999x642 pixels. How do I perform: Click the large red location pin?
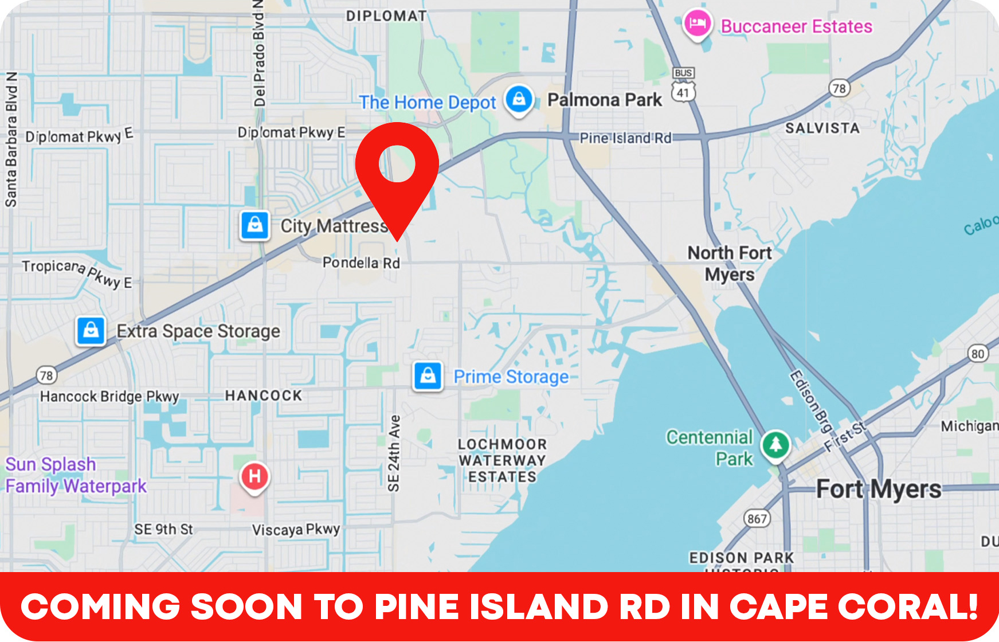coord(397,172)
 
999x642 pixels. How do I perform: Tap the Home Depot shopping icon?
coord(519,99)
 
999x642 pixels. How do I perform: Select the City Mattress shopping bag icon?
coord(255,225)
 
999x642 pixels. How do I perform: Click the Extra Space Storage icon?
coord(91,331)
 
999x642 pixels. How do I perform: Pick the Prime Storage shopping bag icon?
coord(428,376)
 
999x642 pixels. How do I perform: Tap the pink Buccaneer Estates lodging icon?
coord(698,25)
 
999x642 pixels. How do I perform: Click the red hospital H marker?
coord(255,476)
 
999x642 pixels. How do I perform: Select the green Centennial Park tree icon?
coord(775,444)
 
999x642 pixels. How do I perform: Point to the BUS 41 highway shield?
coord(683,85)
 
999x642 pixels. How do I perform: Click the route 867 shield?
coord(757,519)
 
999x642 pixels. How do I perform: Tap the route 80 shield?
coord(978,354)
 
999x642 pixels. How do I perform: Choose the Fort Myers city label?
coord(879,490)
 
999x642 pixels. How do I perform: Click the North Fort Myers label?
coord(730,263)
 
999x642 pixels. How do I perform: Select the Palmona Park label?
coord(605,100)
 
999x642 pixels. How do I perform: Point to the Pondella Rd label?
coord(361,263)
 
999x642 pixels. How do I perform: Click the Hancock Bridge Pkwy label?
coord(109,396)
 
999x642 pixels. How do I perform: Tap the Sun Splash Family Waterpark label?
coord(76,475)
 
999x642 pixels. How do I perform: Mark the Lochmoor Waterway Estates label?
coord(502,460)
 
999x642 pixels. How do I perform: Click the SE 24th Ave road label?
coord(394,453)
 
